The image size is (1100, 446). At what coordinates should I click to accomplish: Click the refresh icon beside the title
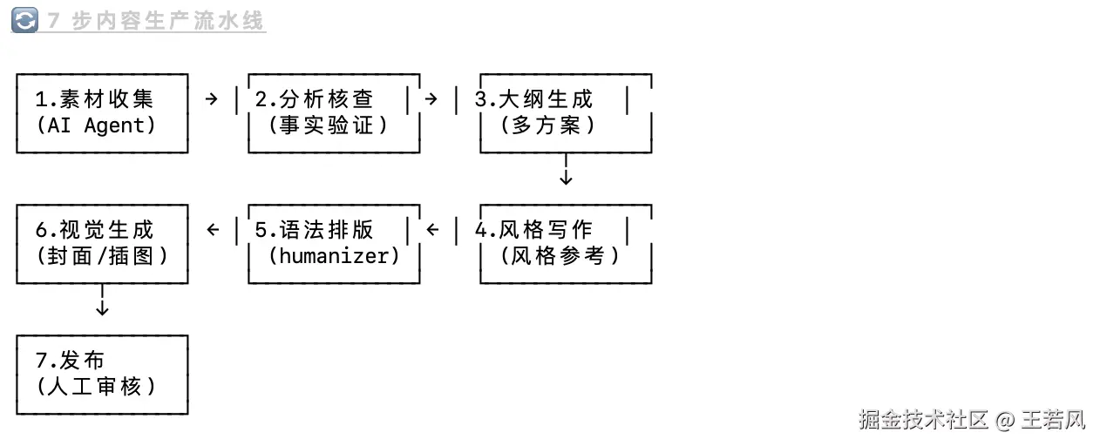click(x=24, y=20)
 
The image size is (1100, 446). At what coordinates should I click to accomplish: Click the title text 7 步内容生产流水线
click(x=156, y=21)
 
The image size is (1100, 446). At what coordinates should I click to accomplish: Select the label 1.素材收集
click(x=94, y=98)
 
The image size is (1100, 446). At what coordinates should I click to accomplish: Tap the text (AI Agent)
click(x=96, y=125)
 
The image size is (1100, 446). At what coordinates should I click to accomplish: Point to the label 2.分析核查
click(x=314, y=98)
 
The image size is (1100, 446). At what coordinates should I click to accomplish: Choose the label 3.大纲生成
click(x=533, y=98)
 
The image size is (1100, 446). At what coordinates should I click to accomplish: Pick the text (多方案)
click(x=548, y=125)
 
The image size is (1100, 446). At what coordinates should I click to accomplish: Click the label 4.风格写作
click(x=533, y=229)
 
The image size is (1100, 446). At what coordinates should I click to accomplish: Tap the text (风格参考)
click(x=560, y=256)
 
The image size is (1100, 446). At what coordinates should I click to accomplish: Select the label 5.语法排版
click(x=314, y=229)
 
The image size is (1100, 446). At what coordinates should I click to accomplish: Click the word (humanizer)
click(x=334, y=256)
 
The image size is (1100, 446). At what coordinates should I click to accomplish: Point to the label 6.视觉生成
click(x=94, y=229)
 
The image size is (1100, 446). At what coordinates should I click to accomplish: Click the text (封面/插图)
click(x=102, y=256)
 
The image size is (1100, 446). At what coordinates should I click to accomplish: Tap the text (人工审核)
click(x=96, y=387)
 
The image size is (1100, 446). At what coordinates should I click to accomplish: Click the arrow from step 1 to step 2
click(x=211, y=99)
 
